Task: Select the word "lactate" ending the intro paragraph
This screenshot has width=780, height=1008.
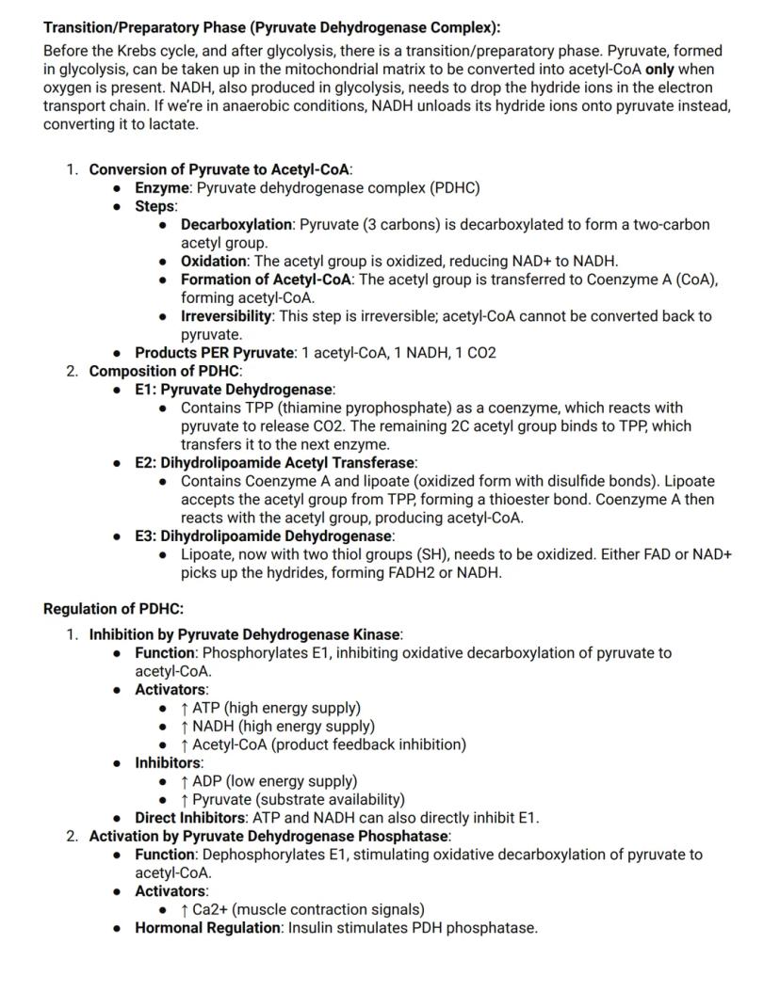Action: (x=169, y=124)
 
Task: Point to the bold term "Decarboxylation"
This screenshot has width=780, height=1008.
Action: (x=236, y=224)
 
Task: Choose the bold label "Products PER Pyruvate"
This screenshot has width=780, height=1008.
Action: (x=214, y=353)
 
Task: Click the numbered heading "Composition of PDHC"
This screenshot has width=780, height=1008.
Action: (x=164, y=371)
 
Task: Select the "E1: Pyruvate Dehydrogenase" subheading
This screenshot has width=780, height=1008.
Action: (x=234, y=390)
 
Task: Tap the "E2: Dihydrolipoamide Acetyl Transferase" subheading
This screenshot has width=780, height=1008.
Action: (x=274, y=463)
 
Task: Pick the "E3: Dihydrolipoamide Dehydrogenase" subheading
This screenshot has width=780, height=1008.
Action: (x=263, y=536)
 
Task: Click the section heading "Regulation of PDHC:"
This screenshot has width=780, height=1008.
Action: (x=113, y=609)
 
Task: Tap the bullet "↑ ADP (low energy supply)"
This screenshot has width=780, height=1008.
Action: (x=268, y=781)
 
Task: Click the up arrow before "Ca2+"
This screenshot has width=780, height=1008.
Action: (x=185, y=909)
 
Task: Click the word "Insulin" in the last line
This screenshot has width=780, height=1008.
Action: (x=312, y=928)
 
